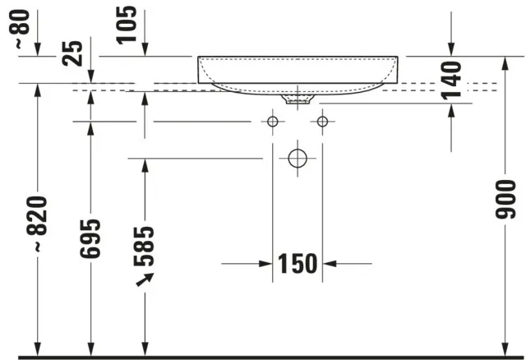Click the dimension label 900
(x=505, y=200)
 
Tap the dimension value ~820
(x=37, y=224)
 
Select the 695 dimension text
(x=90, y=238)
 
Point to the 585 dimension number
(x=144, y=247)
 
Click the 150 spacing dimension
(x=298, y=264)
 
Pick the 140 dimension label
(x=451, y=81)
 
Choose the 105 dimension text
(x=127, y=25)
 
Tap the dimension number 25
(x=72, y=53)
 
